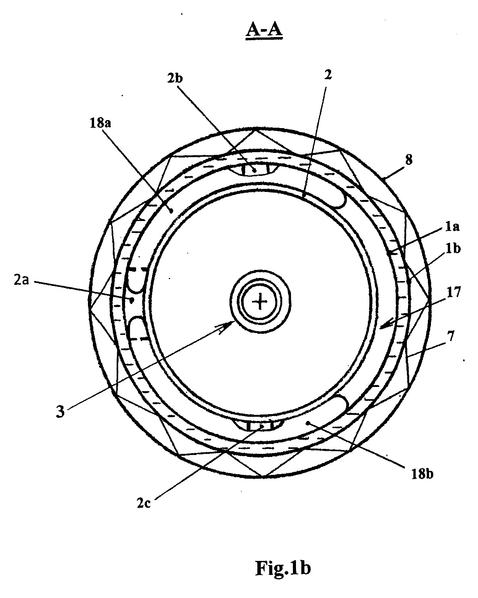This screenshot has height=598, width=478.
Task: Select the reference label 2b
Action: pyautogui.click(x=175, y=79)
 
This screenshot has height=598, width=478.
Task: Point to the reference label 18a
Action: pyautogui.click(x=100, y=123)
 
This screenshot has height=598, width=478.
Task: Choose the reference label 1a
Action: pyautogui.click(x=452, y=227)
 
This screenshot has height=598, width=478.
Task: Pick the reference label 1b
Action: pyautogui.click(x=453, y=249)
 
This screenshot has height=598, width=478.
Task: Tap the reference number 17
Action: pyautogui.click(x=454, y=292)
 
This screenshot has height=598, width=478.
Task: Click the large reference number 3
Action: pyautogui.click(x=60, y=411)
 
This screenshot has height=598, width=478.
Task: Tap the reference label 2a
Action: pyautogui.click(x=21, y=281)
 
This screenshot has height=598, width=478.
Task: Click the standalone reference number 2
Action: pyautogui.click(x=328, y=75)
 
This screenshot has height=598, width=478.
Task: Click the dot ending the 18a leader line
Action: pyautogui.click(x=172, y=211)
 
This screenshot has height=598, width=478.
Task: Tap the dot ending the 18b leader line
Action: pyautogui.click(x=308, y=422)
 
